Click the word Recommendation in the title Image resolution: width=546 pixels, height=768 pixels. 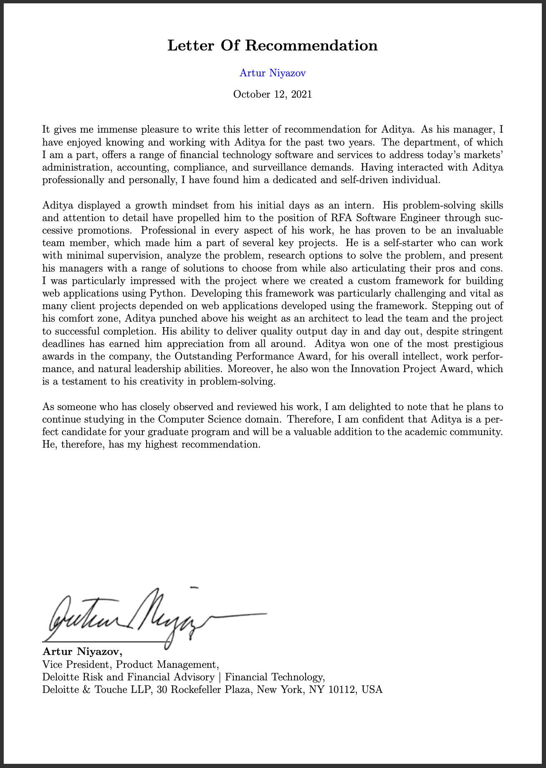coord(311,45)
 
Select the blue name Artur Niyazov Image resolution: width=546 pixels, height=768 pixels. coord(273,73)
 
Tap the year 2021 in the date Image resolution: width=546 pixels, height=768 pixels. coord(301,94)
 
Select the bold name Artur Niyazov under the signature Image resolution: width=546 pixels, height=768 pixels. coord(82,652)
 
